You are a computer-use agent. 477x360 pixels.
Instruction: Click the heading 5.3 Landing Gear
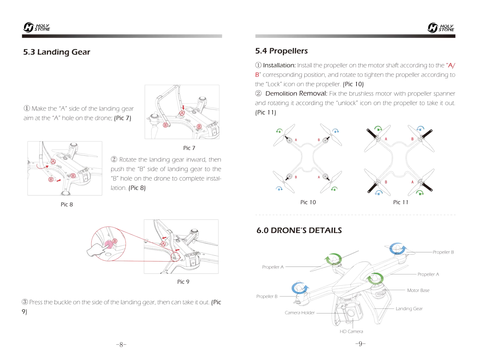(x=56, y=52)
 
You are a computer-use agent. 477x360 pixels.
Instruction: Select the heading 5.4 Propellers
(x=281, y=51)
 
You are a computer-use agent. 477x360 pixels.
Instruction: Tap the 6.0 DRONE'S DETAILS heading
(x=299, y=230)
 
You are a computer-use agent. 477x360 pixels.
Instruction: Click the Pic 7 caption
(x=189, y=148)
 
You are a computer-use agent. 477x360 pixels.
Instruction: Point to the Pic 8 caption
(x=67, y=204)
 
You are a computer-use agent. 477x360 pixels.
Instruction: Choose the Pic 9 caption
(x=183, y=282)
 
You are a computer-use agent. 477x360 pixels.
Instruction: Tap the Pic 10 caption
(x=308, y=202)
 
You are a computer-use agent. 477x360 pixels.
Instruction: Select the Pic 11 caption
(x=400, y=202)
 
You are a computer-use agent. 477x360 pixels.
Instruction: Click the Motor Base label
(x=418, y=290)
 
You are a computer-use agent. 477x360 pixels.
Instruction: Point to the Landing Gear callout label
(x=409, y=309)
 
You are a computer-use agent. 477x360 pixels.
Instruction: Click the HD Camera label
(x=351, y=331)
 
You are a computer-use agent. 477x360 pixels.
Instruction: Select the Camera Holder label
(x=300, y=313)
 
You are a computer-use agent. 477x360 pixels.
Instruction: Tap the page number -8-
(x=121, y=344)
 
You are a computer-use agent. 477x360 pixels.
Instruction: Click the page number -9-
(x=360, y=344)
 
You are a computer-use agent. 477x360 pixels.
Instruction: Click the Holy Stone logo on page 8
(x=36, y=27)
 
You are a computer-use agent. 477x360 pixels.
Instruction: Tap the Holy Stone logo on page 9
(x=441, y=28)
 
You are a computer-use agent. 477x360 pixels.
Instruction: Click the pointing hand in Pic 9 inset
(x=97, y=250)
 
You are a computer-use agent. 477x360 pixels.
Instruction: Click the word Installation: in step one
(x=279, y=65)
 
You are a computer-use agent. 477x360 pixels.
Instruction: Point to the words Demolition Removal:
(x=296, y=94)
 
